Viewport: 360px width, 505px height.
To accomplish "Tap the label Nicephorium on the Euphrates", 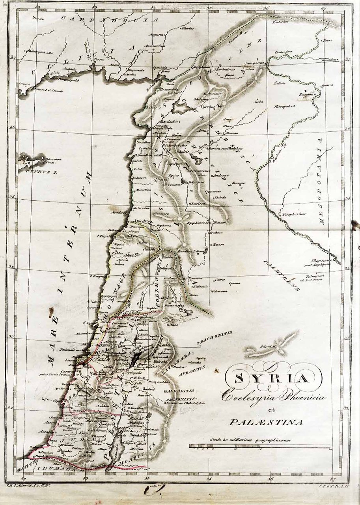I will pyautogui.click(x=293, y=214).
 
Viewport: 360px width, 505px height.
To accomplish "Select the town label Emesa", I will pyautogui.click(x=218, y=245).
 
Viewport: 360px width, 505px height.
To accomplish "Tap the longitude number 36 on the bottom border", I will pyautogui.click(x=270, y=479).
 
